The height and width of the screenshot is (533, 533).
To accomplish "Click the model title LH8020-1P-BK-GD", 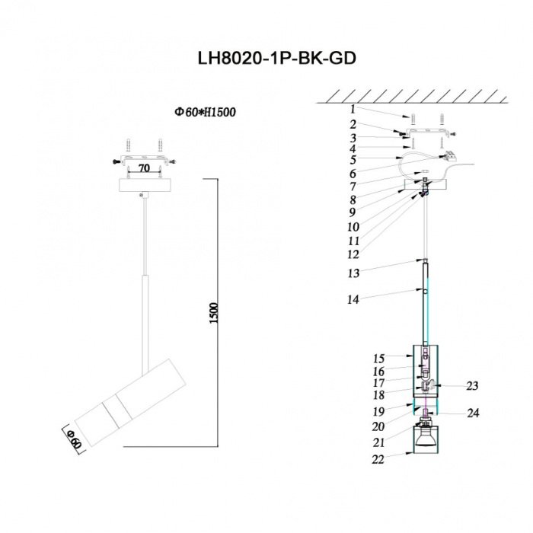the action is [276, 58].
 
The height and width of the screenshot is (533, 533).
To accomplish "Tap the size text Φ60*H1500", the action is [205, 112].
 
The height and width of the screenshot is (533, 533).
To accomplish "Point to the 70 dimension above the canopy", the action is [145, 168].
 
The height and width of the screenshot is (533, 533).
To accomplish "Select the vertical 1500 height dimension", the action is [213, 313].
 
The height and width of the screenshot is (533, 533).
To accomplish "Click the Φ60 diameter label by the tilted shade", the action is [75, 439].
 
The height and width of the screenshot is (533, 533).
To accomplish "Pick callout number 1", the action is [353, 110].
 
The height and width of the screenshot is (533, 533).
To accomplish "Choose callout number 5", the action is [353, 160].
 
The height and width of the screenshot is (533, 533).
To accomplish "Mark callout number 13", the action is [353, 273].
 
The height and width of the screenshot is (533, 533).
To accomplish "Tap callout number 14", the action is [353, 299].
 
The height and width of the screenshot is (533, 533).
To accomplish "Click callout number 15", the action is [378, 359].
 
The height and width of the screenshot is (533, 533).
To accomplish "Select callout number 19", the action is [378, 412].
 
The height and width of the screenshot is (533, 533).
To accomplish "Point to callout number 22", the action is [378, 459].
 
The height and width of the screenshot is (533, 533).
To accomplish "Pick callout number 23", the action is [472, 386].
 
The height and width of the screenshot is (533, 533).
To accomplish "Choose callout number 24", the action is [473, 413].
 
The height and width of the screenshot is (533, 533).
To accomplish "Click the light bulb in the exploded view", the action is [425, 439].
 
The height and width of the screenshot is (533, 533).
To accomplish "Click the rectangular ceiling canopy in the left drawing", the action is [145, 185].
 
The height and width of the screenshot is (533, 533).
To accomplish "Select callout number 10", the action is [353, 227].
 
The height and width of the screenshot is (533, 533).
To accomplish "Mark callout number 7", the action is [353, 187].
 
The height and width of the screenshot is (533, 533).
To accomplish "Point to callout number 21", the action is [378, 442].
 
